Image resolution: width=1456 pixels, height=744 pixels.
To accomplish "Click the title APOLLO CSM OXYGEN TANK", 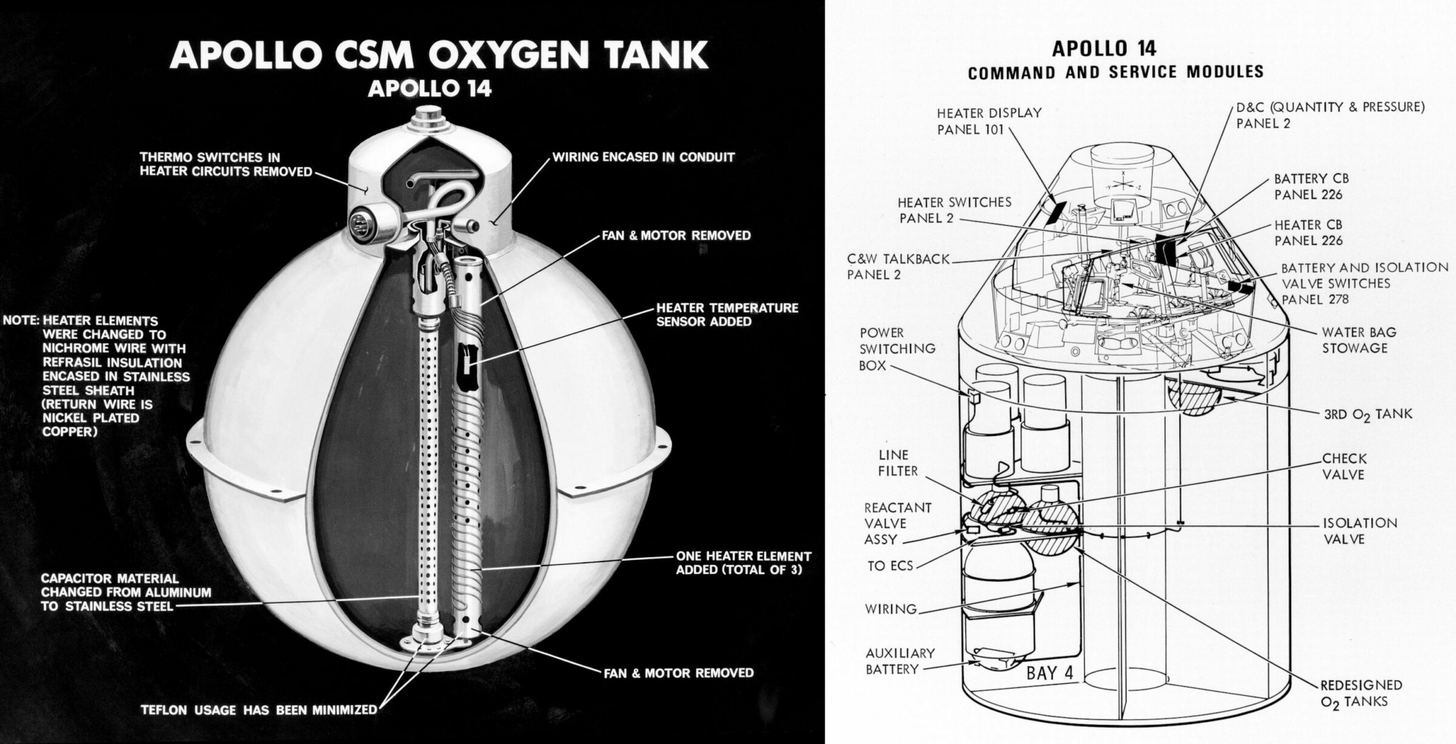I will pyautogui.click(x=439, y=55).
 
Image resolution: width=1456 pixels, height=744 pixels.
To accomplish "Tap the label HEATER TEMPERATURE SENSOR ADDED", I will pyautogui.click(x=727, y=315).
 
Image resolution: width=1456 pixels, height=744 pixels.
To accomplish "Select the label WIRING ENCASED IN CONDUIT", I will pyautogui.click(x=643, y=157).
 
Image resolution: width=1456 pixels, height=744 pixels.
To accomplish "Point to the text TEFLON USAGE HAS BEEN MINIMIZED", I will pyautogui.click(x=258, y=709).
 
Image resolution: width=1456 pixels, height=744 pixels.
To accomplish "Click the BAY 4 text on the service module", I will pyautogui.click(x=1050, y=673).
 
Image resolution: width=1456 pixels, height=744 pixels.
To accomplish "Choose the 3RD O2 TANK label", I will pyautogui.click(x=1367, y=414).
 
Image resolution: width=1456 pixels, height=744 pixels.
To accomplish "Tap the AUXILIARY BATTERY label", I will pyautogui.click(x=900, y=661).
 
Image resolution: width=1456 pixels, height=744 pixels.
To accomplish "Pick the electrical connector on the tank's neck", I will pyautogui.click(x=365, y=221).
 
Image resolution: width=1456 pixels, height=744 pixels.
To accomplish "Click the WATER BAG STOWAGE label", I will pyautogui.click(x=1359, y=340).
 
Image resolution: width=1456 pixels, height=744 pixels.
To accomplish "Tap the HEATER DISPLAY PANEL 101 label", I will pyautogui.click(x=989, y=121).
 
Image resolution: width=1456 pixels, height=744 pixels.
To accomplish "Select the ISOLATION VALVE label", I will pyautogui.click(x=1360, y=530).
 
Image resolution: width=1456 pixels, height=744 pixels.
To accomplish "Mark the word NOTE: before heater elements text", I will pyautogui.click(x=21, y=320).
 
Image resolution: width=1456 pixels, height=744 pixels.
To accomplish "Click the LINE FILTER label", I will pyautogui.click(x=898, y=462).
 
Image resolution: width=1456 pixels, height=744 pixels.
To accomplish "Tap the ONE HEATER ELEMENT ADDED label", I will pyautogui.click(x=743, y=563).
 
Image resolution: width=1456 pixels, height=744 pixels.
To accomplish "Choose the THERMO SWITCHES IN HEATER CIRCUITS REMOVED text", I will pyautogui.click(x=226, y=164).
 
